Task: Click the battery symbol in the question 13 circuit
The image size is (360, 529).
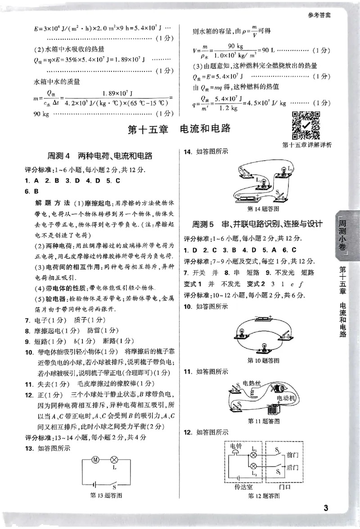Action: [94, 484]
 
